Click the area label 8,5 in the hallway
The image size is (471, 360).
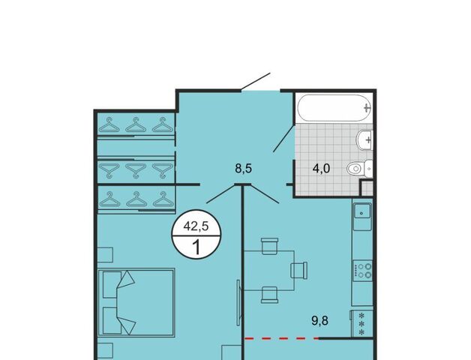click(243, 169)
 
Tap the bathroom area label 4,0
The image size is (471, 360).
click(321, 169)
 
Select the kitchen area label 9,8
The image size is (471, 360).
click(320, 321)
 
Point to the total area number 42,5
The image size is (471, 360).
click(196, 226)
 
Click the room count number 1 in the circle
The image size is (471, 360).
click(196, 248)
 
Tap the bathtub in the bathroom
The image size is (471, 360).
click(335, 108)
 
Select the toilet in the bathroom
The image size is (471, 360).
click(359, 168)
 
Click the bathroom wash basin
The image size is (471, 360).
click(364, 139)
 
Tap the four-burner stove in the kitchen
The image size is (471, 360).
click(362, 270)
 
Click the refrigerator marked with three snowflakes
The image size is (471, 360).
click(361, 324)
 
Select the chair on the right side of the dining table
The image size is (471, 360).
click(299, 269)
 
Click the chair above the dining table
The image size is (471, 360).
click(270, 246)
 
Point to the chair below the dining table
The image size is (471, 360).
click(269, 295)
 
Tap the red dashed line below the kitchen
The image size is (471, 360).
click(282, 338)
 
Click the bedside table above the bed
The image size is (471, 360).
click(105, 255)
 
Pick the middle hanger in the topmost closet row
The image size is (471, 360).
click(136, 124)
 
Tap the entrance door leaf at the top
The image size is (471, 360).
click(256, 82)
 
